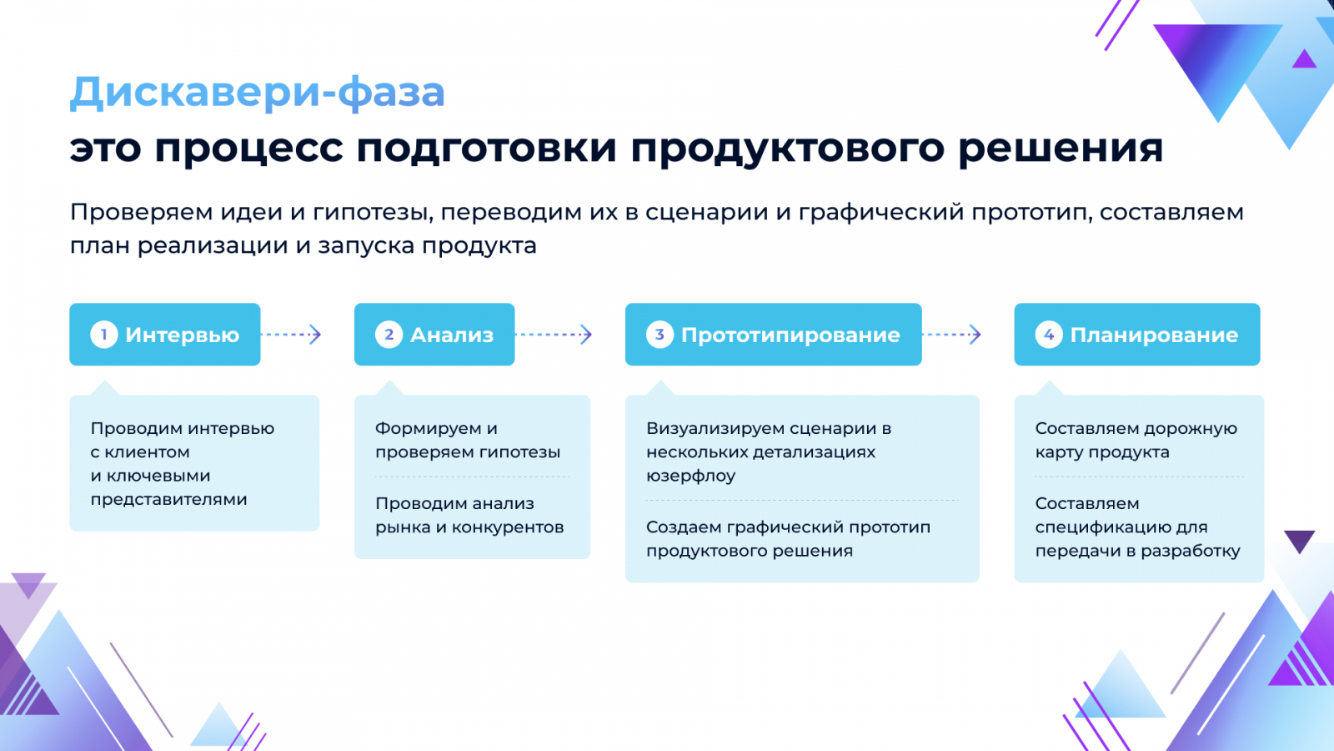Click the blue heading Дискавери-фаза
[x=258, y=93]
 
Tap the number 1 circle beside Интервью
[x=103, y=335]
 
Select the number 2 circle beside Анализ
[x=389, y=335]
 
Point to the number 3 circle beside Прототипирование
[x=659, y=335]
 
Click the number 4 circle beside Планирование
[x=1049, y=335]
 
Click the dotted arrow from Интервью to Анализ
[x=291, y=335]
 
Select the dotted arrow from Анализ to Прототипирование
[x=554, y=335]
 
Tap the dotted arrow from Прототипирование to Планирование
[x=951, y=335]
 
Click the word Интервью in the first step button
[x=183, y=335]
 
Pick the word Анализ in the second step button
[x=452, y=335]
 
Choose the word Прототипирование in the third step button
[x=790, y=335]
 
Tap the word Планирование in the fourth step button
[x=1154, y=335]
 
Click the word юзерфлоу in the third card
[x=691, y=476]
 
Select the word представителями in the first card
[x=168, y=500]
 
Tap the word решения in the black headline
[x=1061, y=148]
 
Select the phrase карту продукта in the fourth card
[x=1102, y=452]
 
